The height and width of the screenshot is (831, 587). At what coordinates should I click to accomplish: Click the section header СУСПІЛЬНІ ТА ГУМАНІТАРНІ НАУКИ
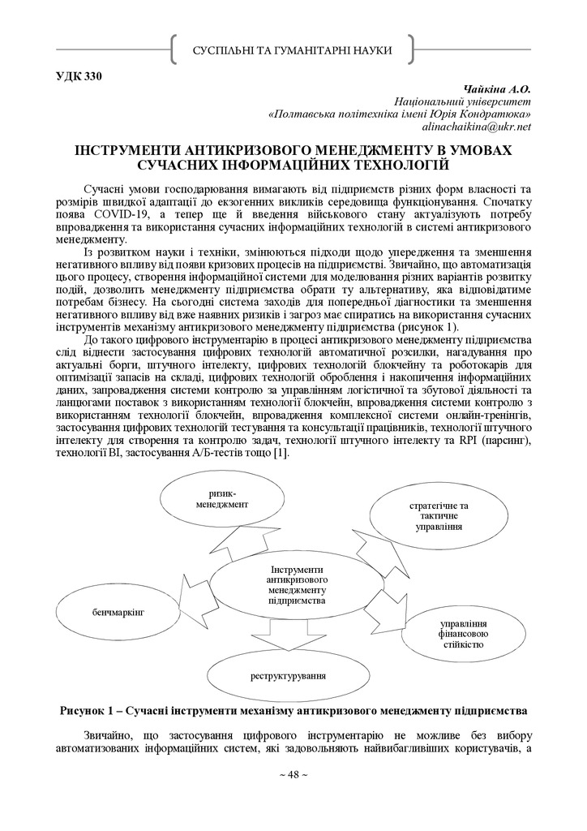coord(293,51)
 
